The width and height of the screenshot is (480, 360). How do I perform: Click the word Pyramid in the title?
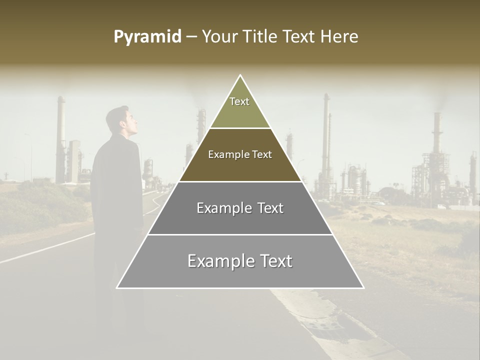pos(147,37)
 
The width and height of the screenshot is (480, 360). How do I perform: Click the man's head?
pos(122,121)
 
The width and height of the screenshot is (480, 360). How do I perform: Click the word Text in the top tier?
pos(239,101)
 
